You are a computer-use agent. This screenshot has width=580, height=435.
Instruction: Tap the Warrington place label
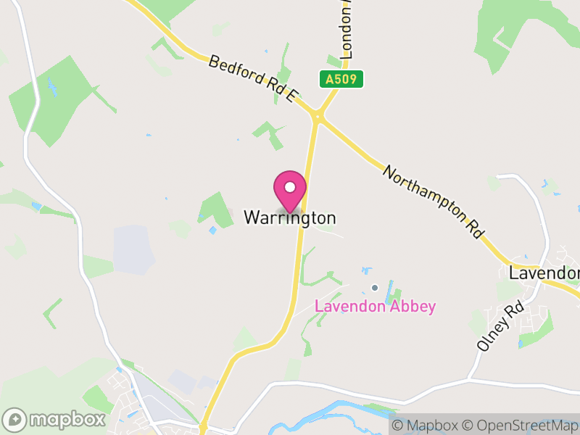point(290,217)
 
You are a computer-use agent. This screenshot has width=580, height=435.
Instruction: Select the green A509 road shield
point(340,79)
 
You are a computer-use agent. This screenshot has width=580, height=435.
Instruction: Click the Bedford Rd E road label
point(253,80)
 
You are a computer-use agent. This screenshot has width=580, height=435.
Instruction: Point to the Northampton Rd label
point(433,202)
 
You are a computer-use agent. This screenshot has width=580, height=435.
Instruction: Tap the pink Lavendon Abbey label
point(375,306)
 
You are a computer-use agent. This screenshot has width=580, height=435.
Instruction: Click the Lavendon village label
point(544,273)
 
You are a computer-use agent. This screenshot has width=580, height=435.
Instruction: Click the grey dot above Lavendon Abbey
point(375,289)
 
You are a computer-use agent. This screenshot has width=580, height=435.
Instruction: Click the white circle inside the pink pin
point(290,187)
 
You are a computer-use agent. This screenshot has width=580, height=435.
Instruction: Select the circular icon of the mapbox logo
point(16,419)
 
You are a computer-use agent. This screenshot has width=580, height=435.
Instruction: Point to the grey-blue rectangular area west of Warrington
point(133,250)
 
